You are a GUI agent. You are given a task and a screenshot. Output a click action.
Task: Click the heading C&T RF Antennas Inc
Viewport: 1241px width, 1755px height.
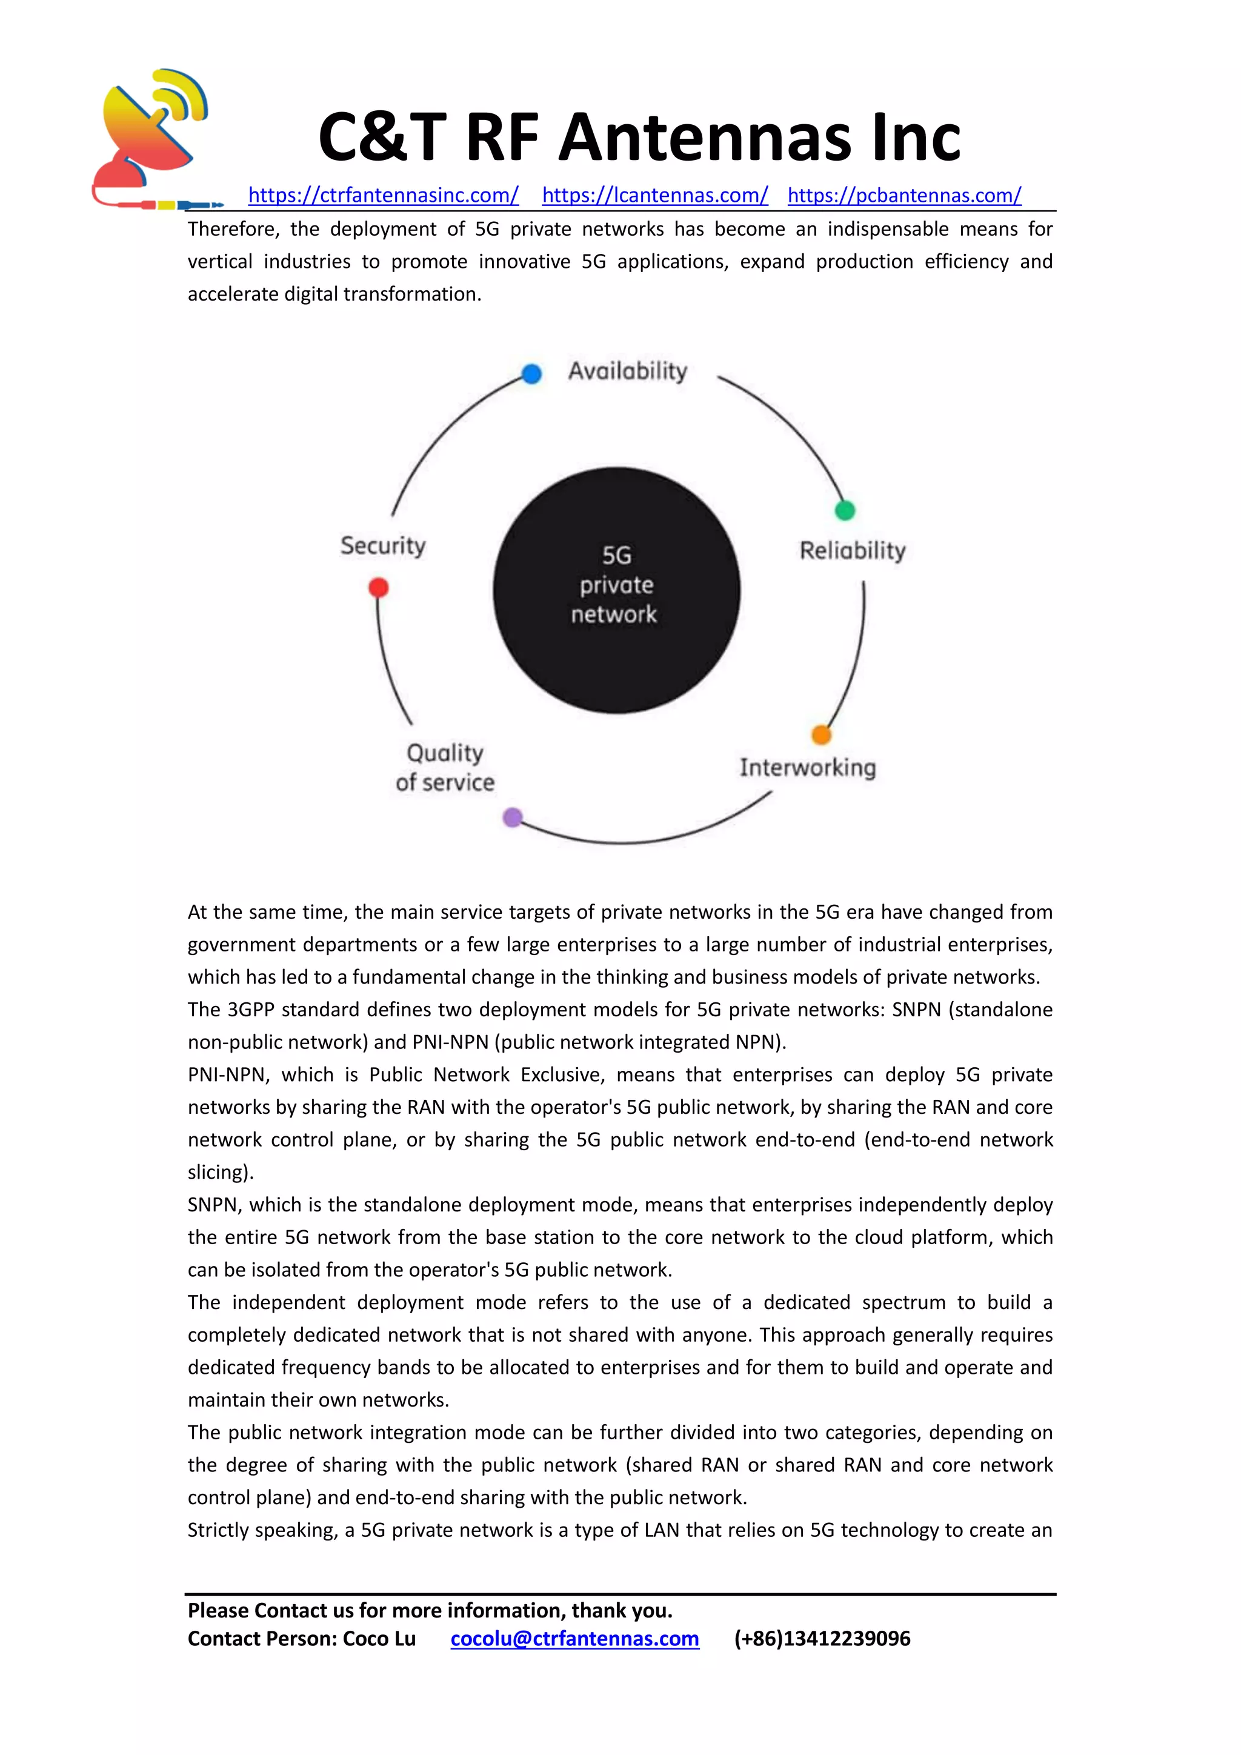(639, 138)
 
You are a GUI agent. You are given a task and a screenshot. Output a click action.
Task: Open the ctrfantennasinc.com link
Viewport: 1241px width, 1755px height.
(383, 196)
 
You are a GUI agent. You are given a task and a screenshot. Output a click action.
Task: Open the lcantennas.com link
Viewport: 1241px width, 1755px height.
(655, 196)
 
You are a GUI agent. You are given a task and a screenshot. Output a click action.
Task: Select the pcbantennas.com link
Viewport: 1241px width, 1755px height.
(904, 196)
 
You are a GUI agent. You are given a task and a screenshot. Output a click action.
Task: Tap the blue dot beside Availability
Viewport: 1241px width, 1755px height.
(532, 374)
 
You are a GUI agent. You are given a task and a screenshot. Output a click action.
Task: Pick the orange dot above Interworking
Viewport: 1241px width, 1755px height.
(820, 734)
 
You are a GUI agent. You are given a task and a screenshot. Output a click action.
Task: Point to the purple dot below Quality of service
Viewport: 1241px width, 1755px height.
(513, 818)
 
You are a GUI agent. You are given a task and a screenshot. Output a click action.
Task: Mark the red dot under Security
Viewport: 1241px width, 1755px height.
(378, 587)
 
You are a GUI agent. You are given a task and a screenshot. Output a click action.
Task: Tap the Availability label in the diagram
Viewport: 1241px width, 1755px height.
(627, 371)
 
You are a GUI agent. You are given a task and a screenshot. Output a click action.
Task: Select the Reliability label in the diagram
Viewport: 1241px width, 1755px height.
(852, 550)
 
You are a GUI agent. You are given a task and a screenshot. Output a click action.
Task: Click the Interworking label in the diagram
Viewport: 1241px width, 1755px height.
(807, 767)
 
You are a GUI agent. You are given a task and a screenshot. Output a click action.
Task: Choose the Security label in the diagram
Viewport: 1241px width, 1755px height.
(383, 546)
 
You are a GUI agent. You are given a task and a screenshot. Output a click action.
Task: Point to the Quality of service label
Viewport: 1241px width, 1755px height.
(445, 767)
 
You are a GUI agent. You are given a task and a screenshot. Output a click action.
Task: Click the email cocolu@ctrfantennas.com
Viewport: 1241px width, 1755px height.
(574, 1639)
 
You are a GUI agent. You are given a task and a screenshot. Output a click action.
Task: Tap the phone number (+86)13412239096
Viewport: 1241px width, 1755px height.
(822, 1639)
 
